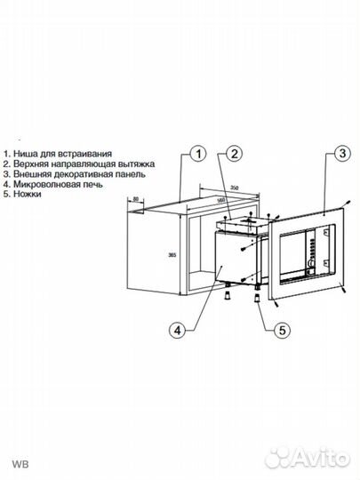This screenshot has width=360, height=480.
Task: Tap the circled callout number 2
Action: [x=232, y=155]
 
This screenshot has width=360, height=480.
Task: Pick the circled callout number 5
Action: [x=280, y=331]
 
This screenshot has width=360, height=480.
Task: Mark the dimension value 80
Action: [x=135, y=199]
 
